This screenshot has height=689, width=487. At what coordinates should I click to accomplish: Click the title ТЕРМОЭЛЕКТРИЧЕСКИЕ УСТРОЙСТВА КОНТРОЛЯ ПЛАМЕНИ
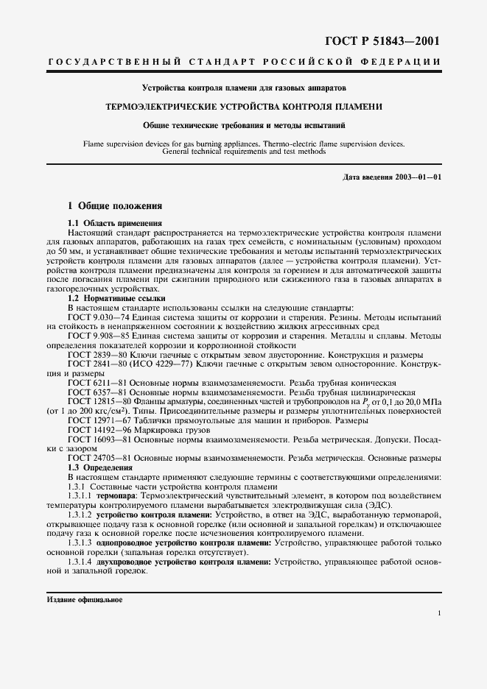(x=244, y=107)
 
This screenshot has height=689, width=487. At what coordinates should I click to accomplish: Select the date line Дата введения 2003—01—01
(x=393, y=178)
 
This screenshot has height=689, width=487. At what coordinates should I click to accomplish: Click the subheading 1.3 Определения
(x=99, y=467)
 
